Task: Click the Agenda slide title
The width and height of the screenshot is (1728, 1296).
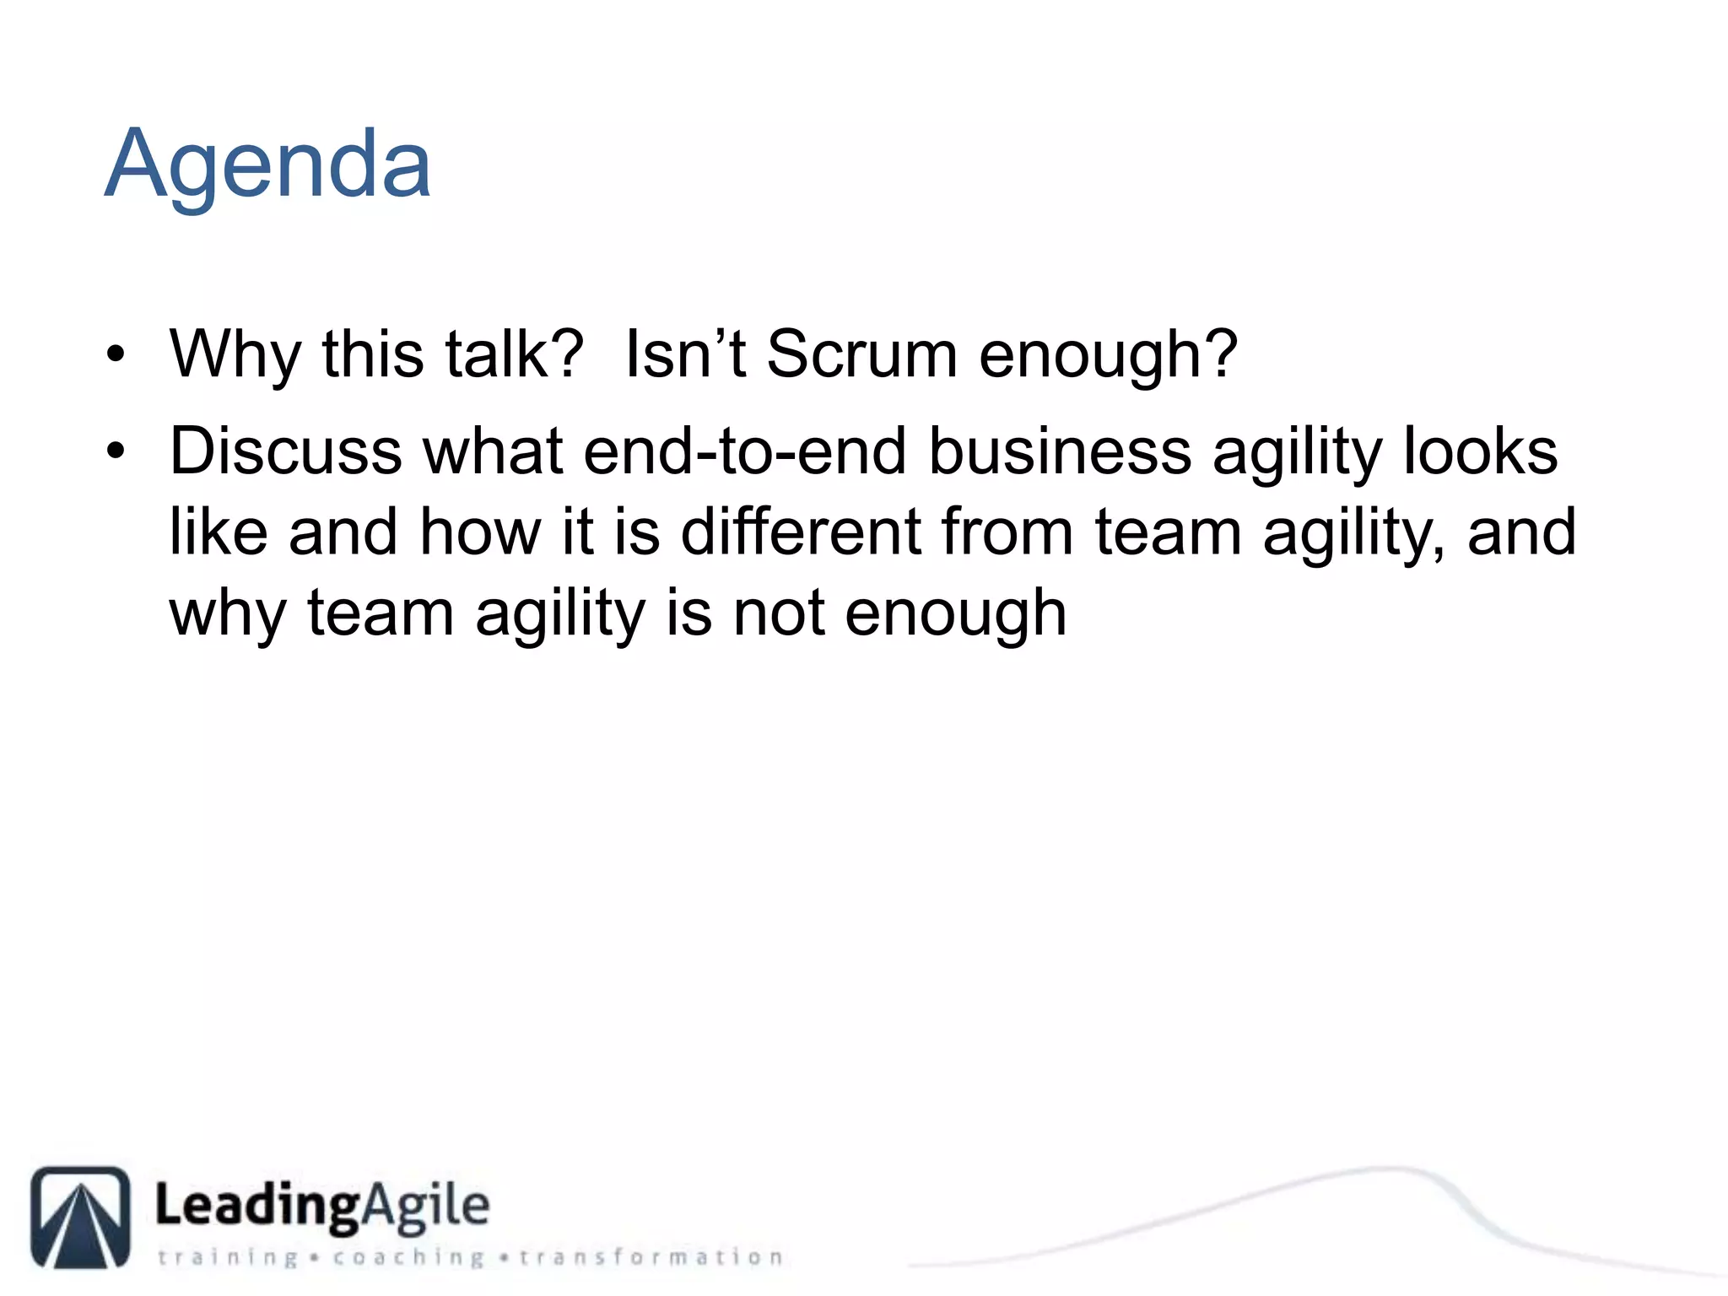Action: point(267,165)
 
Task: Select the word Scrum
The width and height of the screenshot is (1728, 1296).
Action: point(861,354)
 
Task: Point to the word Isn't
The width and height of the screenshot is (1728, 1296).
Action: point(684,354)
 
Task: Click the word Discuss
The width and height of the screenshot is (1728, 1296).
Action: point(285,451)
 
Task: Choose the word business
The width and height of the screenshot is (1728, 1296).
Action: point(1060,451)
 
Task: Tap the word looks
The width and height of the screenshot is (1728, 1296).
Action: point(1480,451)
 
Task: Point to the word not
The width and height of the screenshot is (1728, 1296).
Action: point(778,613)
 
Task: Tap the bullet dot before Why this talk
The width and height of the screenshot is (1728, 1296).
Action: point(116,355)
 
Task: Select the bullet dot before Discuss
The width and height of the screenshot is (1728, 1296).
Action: point(116,452)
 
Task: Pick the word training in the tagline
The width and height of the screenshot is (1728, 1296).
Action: point(228,1257)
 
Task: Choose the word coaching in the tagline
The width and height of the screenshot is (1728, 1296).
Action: point(408,1257)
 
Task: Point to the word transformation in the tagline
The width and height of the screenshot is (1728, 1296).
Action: point(651,1257)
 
